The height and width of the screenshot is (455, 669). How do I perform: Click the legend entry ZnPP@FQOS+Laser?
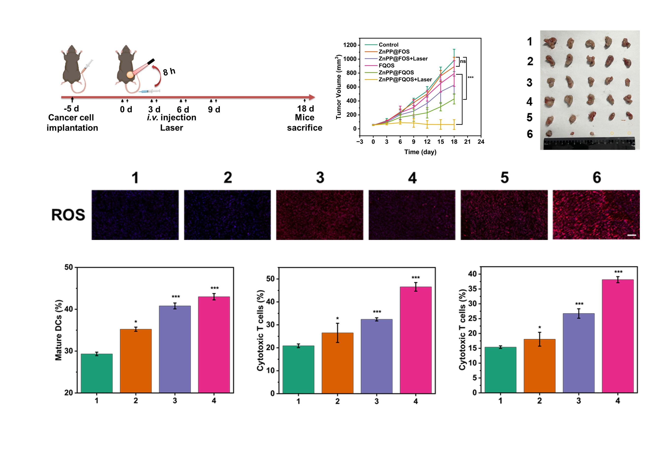[x=405, y=80]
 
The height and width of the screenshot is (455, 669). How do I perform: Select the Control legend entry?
[x=388, y=45]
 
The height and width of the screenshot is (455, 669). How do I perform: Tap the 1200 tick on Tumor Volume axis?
[x=350, y=45]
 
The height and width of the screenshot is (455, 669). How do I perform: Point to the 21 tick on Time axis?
[x=467, y=142]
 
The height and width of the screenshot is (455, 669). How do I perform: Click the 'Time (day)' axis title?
[x=420, y=152]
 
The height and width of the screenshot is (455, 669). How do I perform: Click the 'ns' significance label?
[x=463, y=61]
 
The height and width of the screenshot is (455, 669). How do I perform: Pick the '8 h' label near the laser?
[x=169, y=72]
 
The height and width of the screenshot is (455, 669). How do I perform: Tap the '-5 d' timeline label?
[x=71, y=109]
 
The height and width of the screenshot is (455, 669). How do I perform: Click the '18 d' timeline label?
[x=305, y=109]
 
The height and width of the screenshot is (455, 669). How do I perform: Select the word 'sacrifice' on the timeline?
[x=304, y=128]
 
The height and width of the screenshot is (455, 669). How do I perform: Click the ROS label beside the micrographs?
[x=68, y=215]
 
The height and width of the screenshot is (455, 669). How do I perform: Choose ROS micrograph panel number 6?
[x=596, y=215]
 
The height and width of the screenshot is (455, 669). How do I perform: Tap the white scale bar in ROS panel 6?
[x=631, y=235]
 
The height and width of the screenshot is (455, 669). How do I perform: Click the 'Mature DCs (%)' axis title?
[x=58, y=330]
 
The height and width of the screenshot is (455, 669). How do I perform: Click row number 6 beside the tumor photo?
[x=530, y=134]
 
